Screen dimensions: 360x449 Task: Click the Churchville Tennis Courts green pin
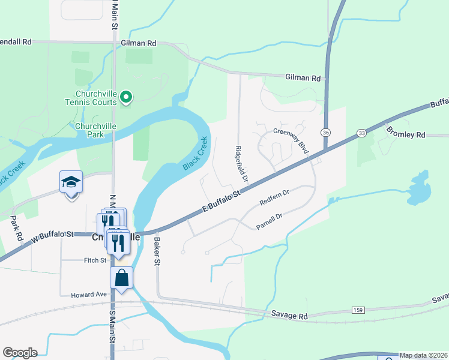[x=126, y=97]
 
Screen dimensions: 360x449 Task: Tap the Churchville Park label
[x=96, y=130]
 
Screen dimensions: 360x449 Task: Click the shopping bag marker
[x=121, y=278]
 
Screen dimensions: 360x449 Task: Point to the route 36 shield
[x=326, y=132]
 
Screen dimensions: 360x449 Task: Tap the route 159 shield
[x=358, y=310]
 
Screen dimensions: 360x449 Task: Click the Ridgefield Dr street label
[x=241, y=164]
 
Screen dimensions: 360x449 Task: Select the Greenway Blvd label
[x=291, y=140]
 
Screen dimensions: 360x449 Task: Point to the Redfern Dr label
[x=276, y=197]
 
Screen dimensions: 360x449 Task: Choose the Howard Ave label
[x=88, y=295]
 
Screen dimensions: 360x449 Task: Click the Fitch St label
[x=95, y=260]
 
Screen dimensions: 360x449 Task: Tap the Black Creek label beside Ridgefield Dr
[x=196, y=153]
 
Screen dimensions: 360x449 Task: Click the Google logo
[x=20, y=353]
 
